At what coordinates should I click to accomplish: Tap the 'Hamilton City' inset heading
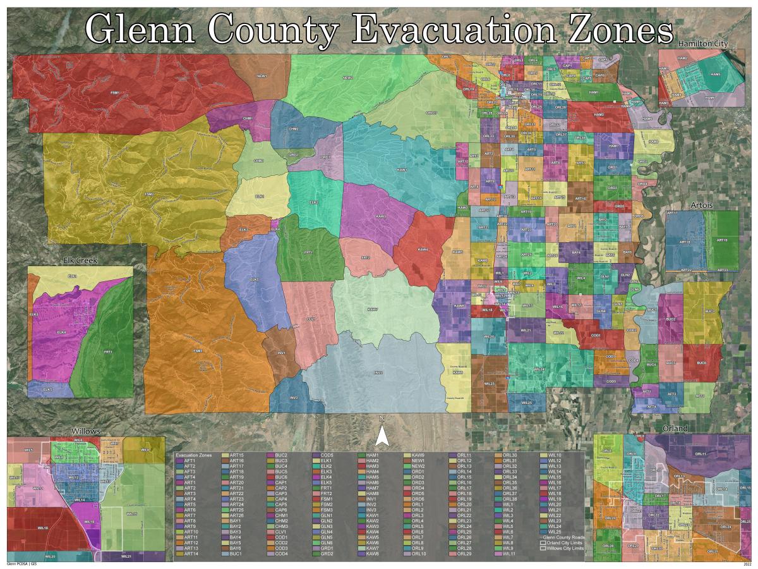click(x=703, y=44)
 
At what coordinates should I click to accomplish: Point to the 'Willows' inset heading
click(x=86, y=431)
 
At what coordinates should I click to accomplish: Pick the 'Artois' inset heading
click(x=701, y=205)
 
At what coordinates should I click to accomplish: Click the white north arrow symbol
click(x=382, y=436)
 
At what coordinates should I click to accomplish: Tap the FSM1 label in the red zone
click(x=115, y=93)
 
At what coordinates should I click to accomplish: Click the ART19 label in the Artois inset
click(x=722, y=240)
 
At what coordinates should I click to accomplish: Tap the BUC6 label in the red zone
click(x=701, y=363)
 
